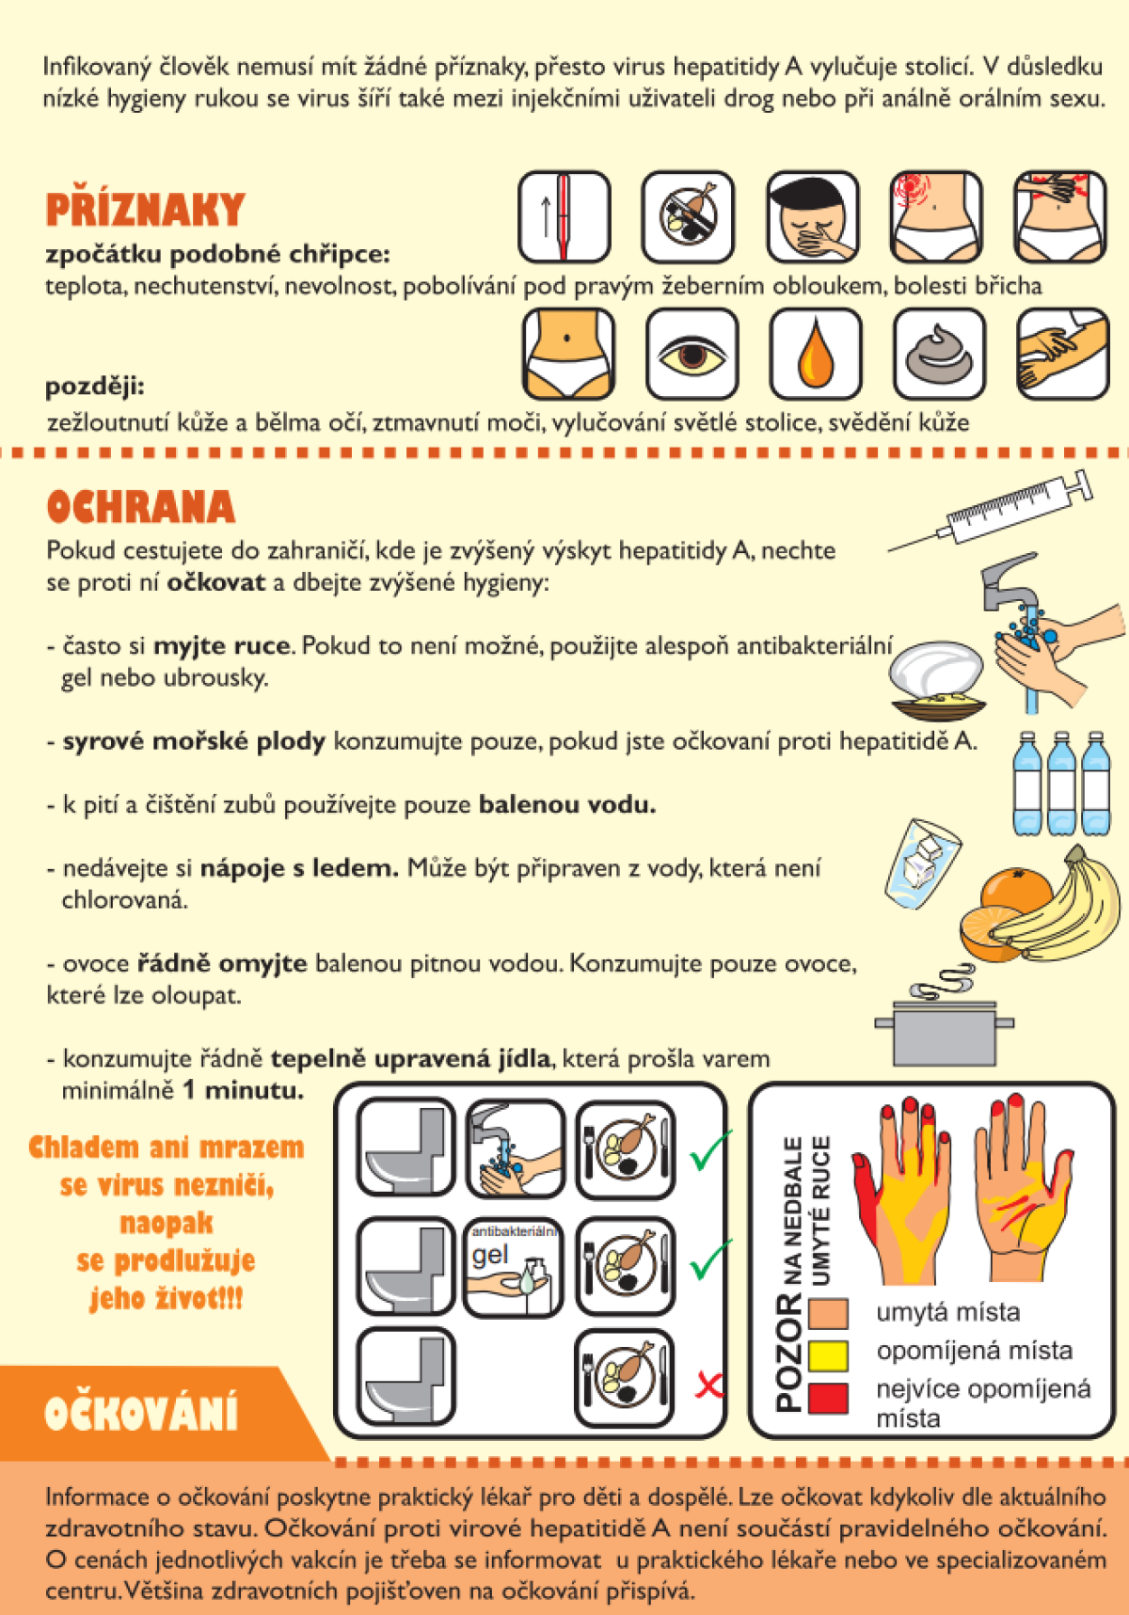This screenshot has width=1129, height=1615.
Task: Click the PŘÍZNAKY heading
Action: [145, 210]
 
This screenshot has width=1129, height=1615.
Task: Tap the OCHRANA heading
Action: [140, 506]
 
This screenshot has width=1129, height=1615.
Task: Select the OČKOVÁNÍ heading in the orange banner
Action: [141, 1413]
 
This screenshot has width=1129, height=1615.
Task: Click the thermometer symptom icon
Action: [564, 216]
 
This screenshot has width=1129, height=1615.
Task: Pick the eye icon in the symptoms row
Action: [692, 355]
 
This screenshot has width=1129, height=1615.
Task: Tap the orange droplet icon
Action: [815, 355]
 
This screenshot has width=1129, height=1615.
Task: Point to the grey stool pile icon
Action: [939, 355]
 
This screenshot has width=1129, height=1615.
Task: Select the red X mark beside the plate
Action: [708, 1384]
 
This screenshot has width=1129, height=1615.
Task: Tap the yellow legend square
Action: [828, 1355]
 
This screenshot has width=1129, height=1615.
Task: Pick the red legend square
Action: [828, 1397]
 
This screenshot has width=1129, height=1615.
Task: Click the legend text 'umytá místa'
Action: [948, 1312]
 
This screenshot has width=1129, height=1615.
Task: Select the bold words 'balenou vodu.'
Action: [567, 805]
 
